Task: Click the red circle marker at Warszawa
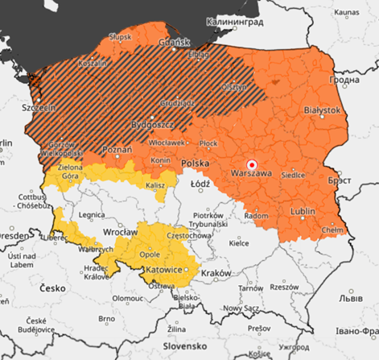pyautogui.click(x=251, y=161)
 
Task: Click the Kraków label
pyautogui.click(x=216, y=272)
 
